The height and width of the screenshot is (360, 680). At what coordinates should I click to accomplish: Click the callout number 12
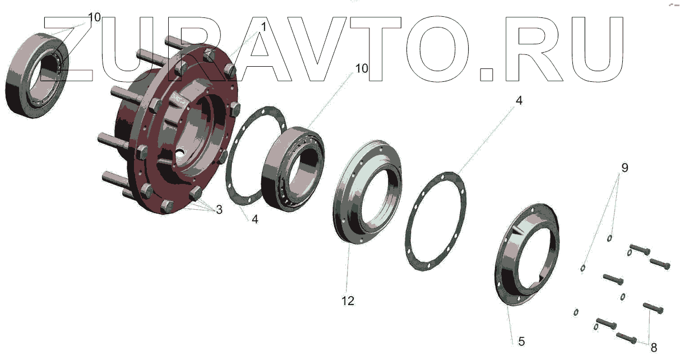pos(348,301)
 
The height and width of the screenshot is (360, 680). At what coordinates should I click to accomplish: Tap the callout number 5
pos(521,341)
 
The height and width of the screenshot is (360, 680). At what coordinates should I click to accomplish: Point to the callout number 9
pos(625,168)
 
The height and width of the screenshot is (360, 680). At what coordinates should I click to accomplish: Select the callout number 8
pos(654,348)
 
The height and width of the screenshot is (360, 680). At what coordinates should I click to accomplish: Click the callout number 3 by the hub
pos(219,210)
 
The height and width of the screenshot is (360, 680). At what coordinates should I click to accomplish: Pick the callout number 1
pos(263,27)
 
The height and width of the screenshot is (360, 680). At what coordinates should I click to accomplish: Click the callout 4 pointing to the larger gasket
pos(519,100)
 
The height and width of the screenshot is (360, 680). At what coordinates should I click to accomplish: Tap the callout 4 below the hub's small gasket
pos(255,219)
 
